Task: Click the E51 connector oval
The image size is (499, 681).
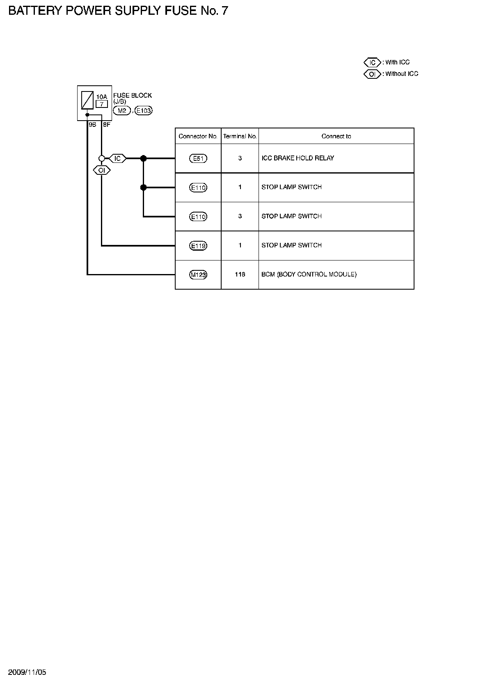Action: tap(198, 158)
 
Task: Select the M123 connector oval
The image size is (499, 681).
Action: tap(198, 275)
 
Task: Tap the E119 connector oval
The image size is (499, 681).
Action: tap(198, 246)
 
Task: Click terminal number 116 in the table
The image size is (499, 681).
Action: tap(240, 274)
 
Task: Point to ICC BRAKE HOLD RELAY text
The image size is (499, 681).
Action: tap(298, 158)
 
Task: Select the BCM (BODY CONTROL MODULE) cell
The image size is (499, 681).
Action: tap(309, 274)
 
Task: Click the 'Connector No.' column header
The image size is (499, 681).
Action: tap(198, 136)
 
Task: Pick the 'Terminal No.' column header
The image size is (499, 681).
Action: tap(240, 136)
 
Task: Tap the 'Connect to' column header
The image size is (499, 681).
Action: tap(336, 136)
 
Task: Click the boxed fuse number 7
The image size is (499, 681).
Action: tap(101, 104)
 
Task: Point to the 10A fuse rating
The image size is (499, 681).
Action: tap(101, 97)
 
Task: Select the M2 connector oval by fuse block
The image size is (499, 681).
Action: tap(122, 111)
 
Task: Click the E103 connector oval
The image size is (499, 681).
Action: tap(143, 111)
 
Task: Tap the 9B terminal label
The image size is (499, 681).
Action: tap(92, 125)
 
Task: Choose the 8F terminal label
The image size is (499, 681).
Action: tap(106, 125)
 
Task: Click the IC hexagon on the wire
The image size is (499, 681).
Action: tap(118, 158)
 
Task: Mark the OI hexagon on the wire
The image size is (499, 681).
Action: tap(101, 170)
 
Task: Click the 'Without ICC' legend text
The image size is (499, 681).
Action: tap(402, 74)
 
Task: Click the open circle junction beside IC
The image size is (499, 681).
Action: tap(102, 158)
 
